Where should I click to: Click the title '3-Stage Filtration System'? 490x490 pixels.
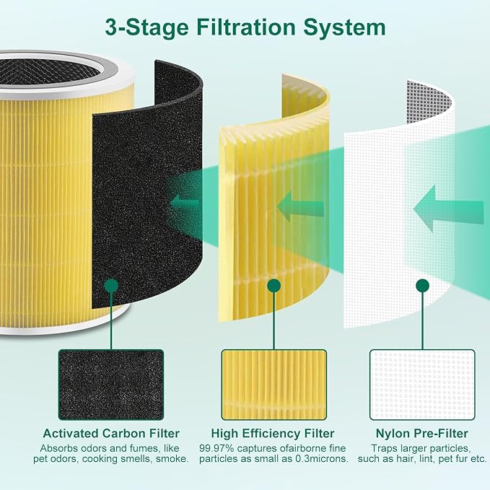(245, 28)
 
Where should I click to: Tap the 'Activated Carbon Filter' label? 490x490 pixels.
(111, 434)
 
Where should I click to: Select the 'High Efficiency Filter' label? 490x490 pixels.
(273, 434)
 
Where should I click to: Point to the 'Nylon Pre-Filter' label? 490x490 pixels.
(424, 434)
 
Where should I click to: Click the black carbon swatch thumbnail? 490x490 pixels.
(111, 385)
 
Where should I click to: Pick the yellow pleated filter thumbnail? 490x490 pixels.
(274, 385)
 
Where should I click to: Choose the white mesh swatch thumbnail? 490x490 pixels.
(424, 385)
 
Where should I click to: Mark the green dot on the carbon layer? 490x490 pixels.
(111, 286)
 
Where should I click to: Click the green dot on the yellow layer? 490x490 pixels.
(274, 286)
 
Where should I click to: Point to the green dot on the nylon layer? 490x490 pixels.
(424, 286)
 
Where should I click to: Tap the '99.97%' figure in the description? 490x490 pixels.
(216, 447)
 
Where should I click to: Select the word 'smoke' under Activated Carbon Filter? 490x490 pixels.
(172, 459)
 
